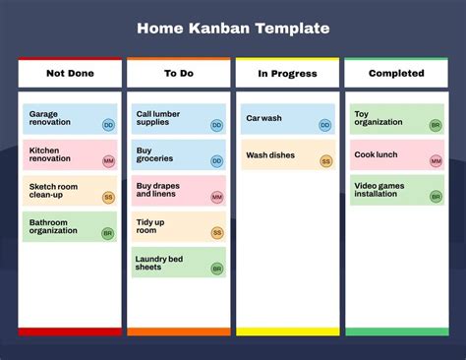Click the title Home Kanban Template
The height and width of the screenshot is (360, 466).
pyautogui.click(x=232, y=29)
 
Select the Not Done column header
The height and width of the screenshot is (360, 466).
pyautogui.click(x=70, y=74)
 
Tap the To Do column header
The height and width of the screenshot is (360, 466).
pyautogui.click(x=178, y=74)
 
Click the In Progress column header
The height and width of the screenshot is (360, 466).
pyautogui.click(x=286, y=74)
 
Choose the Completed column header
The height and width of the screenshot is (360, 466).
pyautogui.click(x=396, y=74)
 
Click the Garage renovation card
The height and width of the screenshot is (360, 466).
pyautogui.click(x=69, y=119)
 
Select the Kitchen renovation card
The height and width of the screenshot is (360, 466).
pyautogui.click(x=69, y=154)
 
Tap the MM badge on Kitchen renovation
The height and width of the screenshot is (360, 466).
pyautogui.click(x=108, y=161)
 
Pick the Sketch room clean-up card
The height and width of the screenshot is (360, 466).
pyautogui.click(x=69, y=191)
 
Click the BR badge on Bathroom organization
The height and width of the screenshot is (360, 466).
pyautogui.click(x=108, y=233)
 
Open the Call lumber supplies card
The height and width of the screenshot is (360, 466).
pyautogui.click(x=179, y=119)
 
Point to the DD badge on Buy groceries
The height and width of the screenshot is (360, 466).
pyautogui.click(x=217, y=161)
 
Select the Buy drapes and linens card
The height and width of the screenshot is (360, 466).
pyautogui.click(x=179, y=191)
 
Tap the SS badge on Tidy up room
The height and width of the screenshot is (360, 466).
pyautogui.click(x=217, y=233)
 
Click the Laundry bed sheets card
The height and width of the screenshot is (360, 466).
pyautogui.click(x=179, y=263)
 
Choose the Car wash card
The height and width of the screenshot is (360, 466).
pyautogui.click(x=287, y=119)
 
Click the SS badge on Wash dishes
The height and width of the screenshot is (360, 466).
pyautogui.click(x=325, y=161)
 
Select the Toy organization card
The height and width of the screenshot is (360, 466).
pyautogui.click(x=395, y=119)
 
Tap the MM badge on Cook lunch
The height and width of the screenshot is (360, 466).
pyautogui.click(x=436, y=161)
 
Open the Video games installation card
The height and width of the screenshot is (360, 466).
pyautogui.click(x=395, y=191)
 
